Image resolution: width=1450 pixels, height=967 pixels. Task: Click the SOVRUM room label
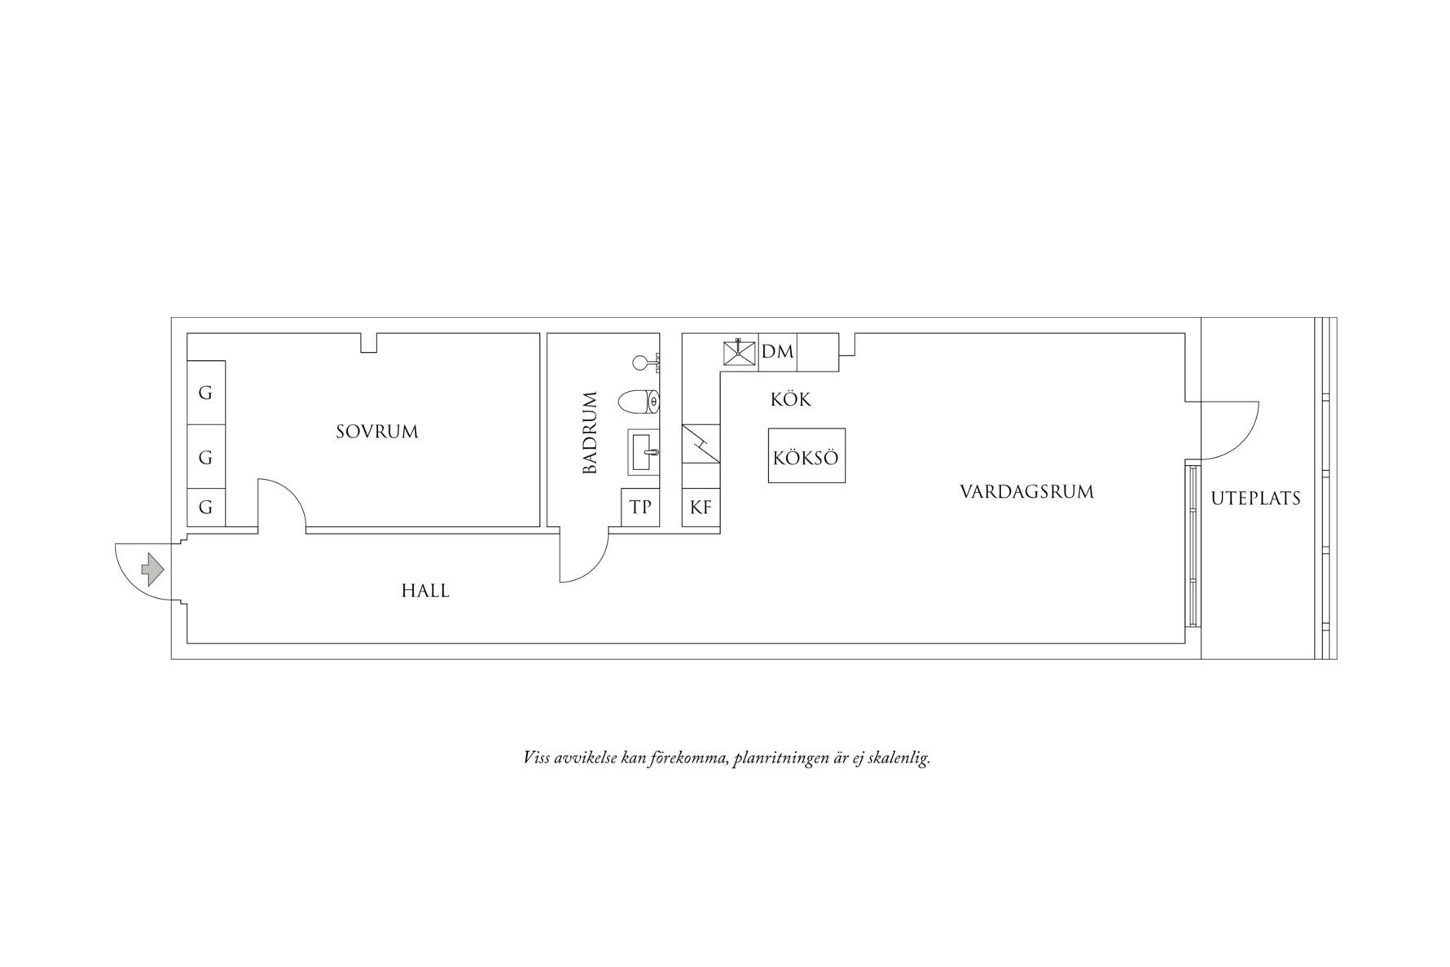click(x=377, y=432)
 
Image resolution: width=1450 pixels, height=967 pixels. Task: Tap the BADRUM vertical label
click(x=591, y=433)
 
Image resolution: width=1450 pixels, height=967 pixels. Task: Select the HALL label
click(x=425, y=591)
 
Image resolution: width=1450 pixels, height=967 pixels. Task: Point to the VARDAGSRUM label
click(x=1026, y=492)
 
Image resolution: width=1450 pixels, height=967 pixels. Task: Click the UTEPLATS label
click(x=1255, y=499)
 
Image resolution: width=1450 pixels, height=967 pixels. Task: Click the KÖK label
click(x=791, y=400)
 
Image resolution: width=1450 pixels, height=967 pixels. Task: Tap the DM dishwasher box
click(x=777, y=352)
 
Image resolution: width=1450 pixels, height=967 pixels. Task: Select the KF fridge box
click(x=701, y=508)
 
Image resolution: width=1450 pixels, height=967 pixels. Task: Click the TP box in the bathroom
click(x=640, y=507)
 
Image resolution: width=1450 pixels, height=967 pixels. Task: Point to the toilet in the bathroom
click(x=639, y=401)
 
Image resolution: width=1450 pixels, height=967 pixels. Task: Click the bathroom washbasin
click(x=643, y=451)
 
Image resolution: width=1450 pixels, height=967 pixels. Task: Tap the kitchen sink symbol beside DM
click(x=740, y=352)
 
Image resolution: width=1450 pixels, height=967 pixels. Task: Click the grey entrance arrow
click(x=152, y=569)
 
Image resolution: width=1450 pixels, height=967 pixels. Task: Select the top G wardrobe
click(x=205, y=393)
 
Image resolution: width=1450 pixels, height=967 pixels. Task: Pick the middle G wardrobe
click(x=205, y=457)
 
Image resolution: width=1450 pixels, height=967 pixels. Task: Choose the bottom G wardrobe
click(x=205, y=508)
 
